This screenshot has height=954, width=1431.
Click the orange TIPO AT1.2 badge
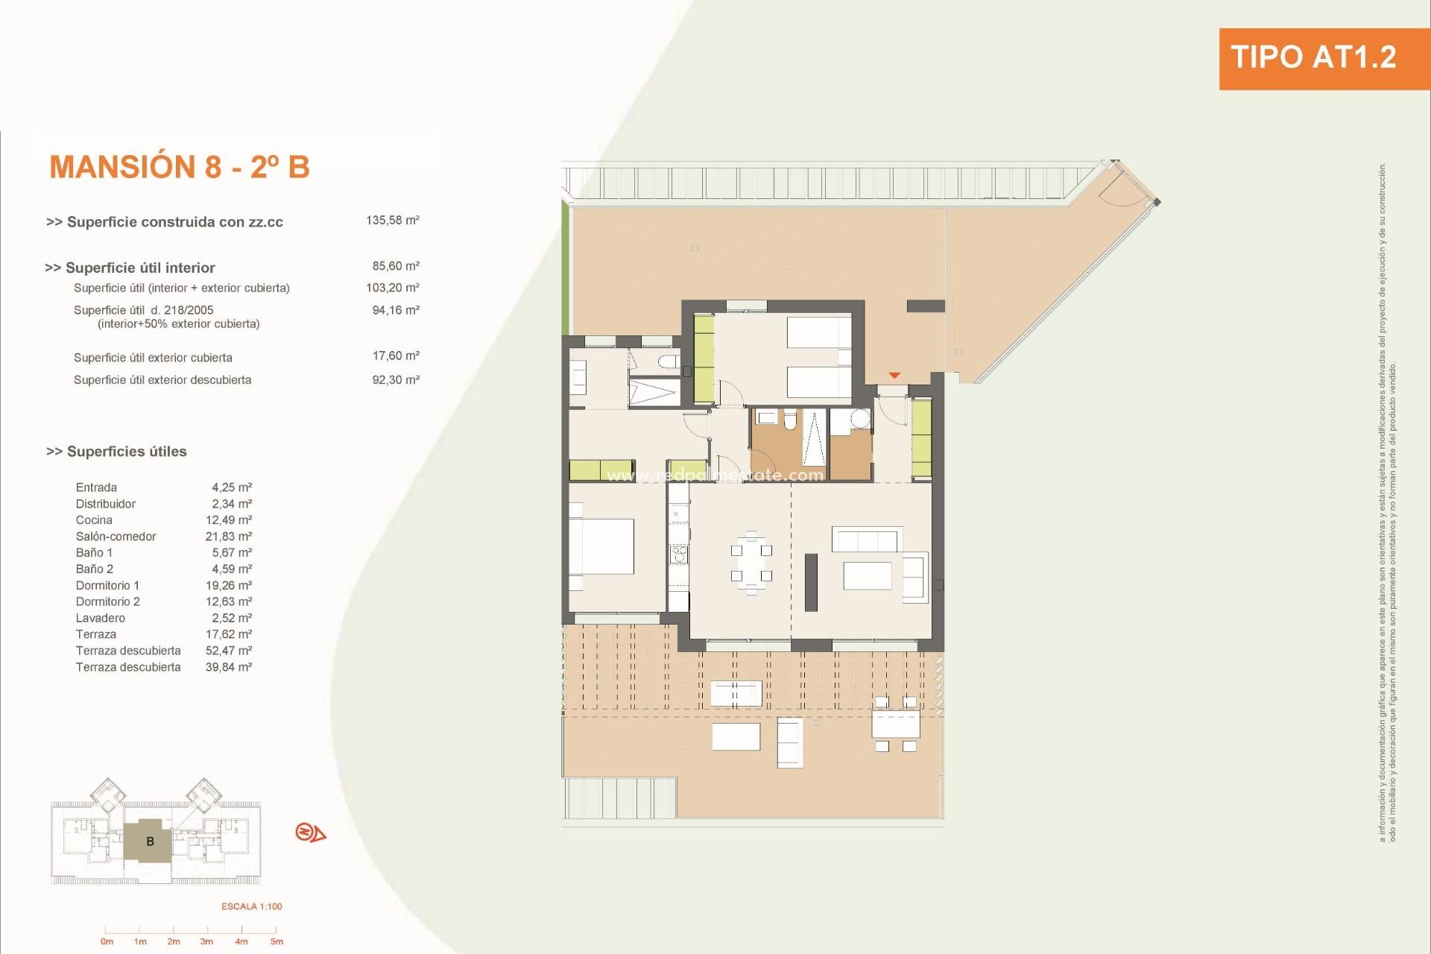[x=1313, y=58]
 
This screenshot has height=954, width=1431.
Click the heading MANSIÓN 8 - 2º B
[x=179, y=167]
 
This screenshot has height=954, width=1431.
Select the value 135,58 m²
[x=392, y=221]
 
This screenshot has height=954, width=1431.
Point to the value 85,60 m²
[x=395, y=266]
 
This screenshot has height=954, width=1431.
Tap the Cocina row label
[x=94, y=520]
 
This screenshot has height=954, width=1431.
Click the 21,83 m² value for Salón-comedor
[x=228, y=537]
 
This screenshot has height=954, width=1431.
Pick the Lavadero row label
[x=100, y=618]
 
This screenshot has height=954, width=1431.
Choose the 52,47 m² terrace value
[x=228, y=651]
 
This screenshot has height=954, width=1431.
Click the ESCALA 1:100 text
[x=251, y=906]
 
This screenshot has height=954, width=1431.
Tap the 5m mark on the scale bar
[x=276, y=941]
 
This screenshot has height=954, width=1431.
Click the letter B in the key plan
[x=150, y=841]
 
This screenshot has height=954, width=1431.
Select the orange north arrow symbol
[x=310, y=833]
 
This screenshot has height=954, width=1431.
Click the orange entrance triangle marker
[x=894, y=376]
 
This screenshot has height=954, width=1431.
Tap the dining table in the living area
[x=751, y=563]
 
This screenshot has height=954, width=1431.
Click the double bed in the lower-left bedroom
[x=602, y=546]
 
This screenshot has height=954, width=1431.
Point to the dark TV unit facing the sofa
[x=811, y=582]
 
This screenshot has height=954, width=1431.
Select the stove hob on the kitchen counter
[x=678, y=554]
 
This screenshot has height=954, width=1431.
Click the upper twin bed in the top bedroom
[x=819, y=332]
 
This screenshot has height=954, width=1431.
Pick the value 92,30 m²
[x=395, y=380]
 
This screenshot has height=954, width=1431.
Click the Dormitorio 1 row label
[x=107, y=586]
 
